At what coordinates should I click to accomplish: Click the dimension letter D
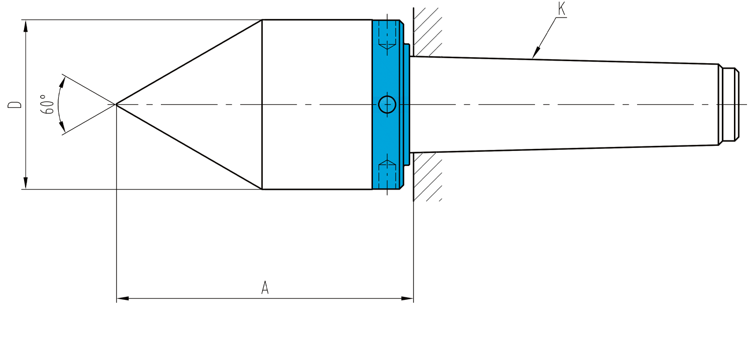(15, 104)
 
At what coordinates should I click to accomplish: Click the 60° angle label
(48, 104)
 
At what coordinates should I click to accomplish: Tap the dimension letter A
(265, 287)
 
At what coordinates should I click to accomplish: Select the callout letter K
(561, 9)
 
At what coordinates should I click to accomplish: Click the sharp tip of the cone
(116, 104)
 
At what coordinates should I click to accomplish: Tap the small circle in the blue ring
(387, 104)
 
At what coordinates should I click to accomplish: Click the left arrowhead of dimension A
(122, 298)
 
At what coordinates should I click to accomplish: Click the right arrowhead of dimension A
(407, 298)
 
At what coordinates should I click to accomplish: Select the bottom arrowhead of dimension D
(26, 183)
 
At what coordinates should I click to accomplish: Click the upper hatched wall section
(427, 32)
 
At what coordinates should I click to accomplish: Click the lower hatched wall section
(427, 177)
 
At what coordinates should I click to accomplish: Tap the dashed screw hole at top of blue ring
(387, 35)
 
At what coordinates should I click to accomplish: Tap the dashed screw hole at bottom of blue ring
(387, 174)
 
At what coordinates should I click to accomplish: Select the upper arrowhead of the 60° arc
(62, 83)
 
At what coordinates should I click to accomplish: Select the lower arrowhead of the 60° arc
(62, 126)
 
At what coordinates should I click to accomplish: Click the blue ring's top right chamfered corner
(402, 22)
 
